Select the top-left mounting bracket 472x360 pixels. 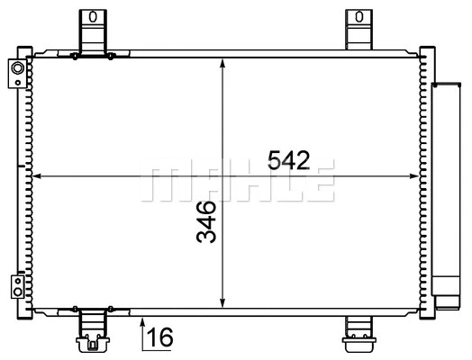click(90, 31)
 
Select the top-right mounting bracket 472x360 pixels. click(359, 31)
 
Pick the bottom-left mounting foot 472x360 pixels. click(91, 329)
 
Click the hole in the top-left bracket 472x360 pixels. click(90, 16)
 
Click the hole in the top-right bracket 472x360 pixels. click(359, 16)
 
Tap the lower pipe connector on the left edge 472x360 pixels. click(16, 286)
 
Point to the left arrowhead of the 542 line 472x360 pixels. click(37, 175)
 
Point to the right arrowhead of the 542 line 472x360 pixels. click(416, 175)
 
